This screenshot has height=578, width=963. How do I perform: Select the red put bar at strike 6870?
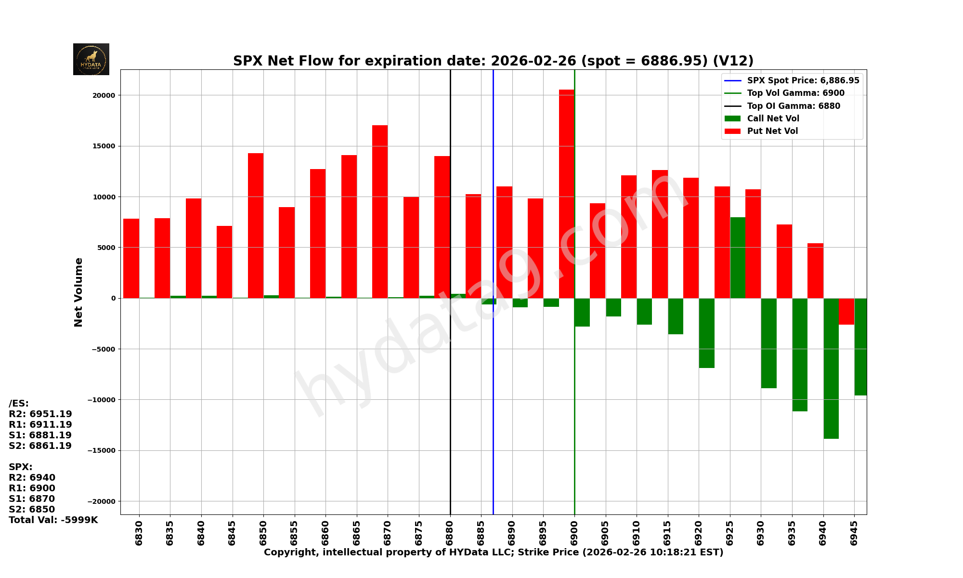pos(380,212)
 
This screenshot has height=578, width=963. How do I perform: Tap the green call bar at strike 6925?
pos(738,258)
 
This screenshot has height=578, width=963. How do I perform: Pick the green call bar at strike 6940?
pos(831,368)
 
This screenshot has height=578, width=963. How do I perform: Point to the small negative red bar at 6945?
pos(846,311)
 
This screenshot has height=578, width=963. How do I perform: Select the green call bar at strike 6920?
pos(706,333)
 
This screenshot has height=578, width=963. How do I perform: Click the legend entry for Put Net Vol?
pos(772,131)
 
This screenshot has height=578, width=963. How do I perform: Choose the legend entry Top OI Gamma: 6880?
pos(793,106)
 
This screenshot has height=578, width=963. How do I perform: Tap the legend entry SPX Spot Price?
pos(803,80)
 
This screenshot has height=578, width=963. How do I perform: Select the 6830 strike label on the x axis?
pos(139,532)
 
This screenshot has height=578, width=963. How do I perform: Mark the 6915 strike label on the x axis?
pos(667,532)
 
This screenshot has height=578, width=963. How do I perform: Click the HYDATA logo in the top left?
pos(91,59)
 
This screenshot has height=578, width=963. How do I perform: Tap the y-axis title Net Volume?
pos(78,292)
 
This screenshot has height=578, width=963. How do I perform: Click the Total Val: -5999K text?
pos(53,520)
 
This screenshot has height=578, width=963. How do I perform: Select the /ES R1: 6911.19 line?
pos(40,425)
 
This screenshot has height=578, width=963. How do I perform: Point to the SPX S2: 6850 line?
pos(32,510)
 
